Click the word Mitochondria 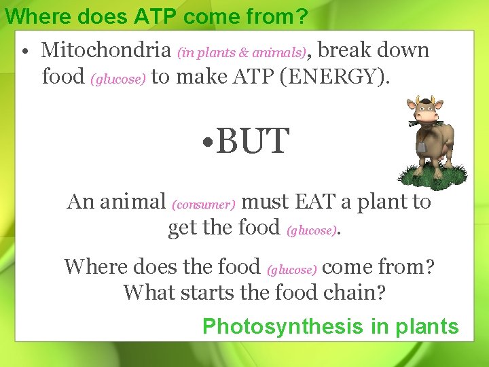106,50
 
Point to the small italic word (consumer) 204,204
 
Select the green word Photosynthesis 283,326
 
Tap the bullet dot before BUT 209,143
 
